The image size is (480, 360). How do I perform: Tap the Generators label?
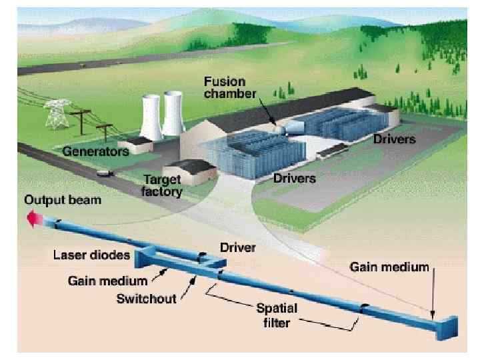(x=95, y=151)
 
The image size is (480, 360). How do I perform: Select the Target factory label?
(x=162, y=185)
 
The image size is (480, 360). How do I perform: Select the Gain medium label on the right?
(x=391, y=267)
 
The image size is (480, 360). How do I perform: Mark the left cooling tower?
(x=153, y=115)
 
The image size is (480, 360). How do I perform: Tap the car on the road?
(x=103, y=173)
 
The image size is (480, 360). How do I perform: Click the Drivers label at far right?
(x=395, y=140)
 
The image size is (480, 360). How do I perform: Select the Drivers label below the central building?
(x=294, y=179)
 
